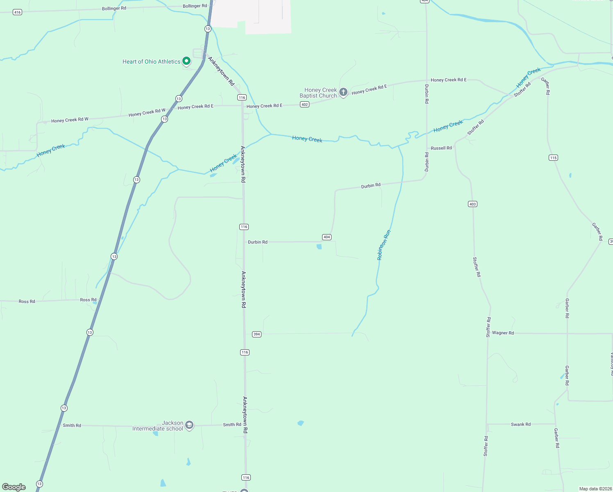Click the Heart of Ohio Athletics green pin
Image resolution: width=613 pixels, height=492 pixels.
point(186,61)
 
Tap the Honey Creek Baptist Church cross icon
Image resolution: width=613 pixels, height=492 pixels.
point(343,92)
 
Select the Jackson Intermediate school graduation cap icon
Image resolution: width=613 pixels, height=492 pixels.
point(189,425)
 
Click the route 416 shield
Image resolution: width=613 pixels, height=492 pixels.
point(17,12)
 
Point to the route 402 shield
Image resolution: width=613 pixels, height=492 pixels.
point(304,105)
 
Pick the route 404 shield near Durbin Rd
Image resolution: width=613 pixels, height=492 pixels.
point(327,237)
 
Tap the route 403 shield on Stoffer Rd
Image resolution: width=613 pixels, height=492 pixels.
point(472,204)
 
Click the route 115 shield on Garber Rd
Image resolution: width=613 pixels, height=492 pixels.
point(553,157)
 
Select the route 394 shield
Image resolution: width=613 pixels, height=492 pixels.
point(257,334)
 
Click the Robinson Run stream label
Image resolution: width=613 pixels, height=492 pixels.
point(384,245)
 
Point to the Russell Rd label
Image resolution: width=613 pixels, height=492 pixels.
point(441,148)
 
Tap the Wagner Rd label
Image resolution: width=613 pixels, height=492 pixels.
point(503,333)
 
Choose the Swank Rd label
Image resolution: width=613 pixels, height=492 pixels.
point(520,424)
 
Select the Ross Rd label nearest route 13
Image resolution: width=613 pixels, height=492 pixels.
point(88,300)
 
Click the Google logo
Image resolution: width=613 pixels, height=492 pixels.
point(14,487)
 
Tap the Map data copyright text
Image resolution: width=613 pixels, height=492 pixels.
point(595,489)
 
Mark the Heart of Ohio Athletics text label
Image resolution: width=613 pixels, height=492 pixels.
point(151,61)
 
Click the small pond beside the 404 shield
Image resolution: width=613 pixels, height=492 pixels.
point(319,246)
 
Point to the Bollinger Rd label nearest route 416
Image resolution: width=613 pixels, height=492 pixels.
point(114,8)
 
